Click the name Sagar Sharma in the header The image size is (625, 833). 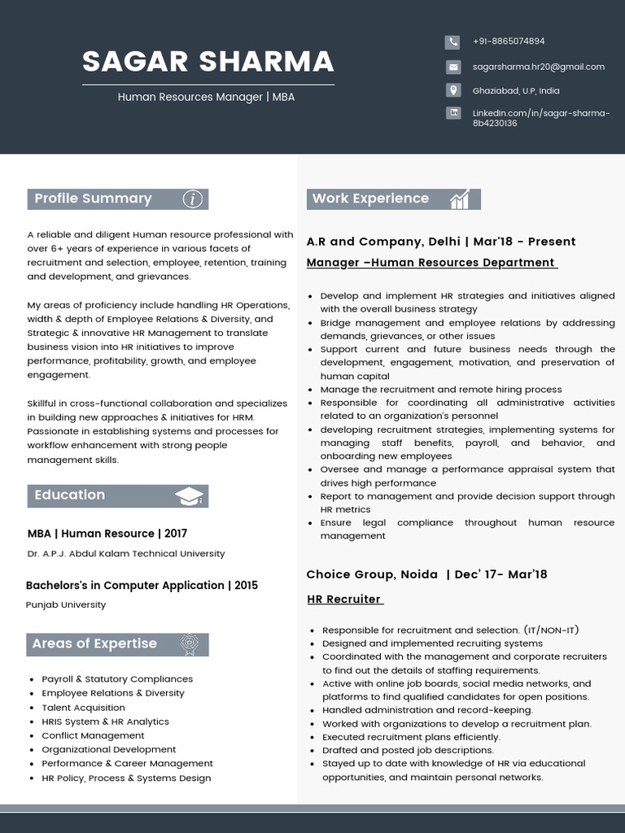pos(208,62)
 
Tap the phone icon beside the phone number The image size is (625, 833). pos(452,41)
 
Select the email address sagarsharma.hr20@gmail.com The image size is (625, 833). pos(538,67)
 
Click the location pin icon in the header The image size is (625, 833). pos(452,90)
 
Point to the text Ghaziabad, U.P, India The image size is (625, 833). pos(516,91)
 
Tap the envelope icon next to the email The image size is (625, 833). pos(452,67)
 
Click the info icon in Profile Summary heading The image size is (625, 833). pos(192,199)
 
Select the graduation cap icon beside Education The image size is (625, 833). pos(189,496)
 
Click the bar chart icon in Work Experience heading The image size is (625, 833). pos(460,199)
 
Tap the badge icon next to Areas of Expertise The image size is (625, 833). pos(189,644)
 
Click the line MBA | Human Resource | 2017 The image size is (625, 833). pos(107,534)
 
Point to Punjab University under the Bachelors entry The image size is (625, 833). pos(66,604)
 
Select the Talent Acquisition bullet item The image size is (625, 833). pos(83,707)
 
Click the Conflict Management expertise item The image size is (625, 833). pos(93,735)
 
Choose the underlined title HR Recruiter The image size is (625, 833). pos(344,600)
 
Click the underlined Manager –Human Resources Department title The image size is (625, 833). pos(431,263)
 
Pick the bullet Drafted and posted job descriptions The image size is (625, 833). pos(408,750)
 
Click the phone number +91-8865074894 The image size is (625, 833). pos(509,41)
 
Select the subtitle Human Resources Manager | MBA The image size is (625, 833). pos(206,97)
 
